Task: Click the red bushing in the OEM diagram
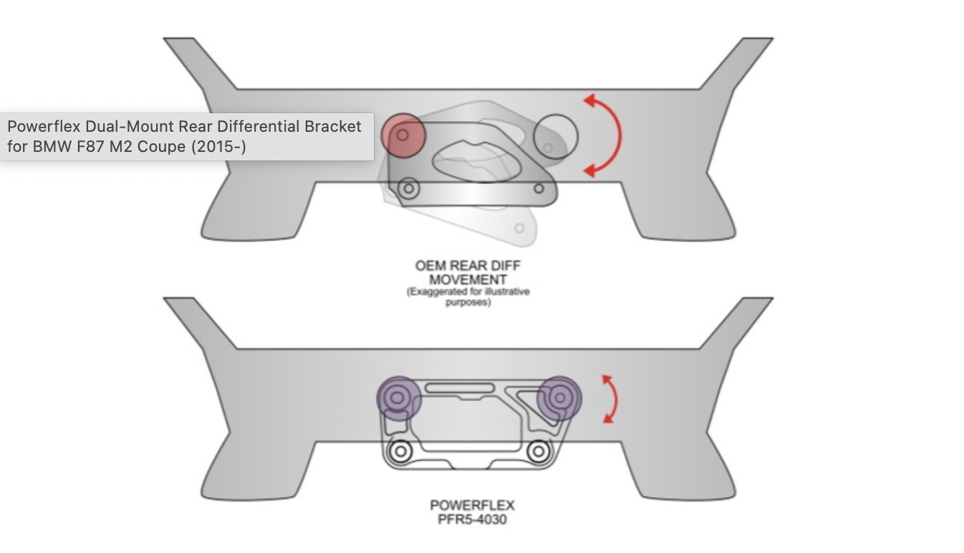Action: pos(403,135)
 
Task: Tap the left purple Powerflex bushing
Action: pos(398,398)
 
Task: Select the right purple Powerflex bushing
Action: pos(559,398)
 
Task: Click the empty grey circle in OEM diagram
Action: pos(556,136)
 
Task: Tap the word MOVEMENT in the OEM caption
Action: pos(468,280)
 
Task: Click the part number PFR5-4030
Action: pos(472,519)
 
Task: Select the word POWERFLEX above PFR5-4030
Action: pos(472,505)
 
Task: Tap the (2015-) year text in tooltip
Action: pos(218,147)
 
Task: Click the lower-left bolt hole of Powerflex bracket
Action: pos(400,452)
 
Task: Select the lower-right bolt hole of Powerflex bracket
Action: pos(538,452)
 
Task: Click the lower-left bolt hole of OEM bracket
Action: pos(409,188)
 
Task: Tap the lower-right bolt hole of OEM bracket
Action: pos(539,188)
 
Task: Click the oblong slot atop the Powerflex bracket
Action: pos(460,388)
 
